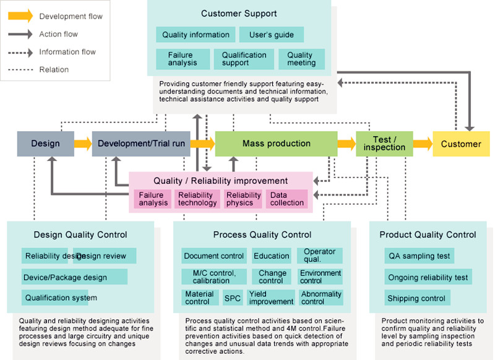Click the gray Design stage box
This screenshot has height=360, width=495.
tap(46, 144)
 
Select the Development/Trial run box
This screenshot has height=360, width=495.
tap(141, 144)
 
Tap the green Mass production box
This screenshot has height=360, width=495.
tap(276, 144)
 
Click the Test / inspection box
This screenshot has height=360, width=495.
tap(384, 144)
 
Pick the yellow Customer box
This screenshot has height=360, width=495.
tap(460, 144)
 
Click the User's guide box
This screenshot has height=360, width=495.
tap(271, 35)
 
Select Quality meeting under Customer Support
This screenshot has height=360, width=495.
tap(301, 59)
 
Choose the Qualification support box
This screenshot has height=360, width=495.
tap(244, 59)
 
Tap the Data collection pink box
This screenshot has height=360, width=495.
tap(286, 199)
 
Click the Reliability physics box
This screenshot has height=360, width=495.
tap(243, 199)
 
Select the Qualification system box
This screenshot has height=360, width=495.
tap(61, 298)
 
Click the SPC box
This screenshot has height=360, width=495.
tap(233, 298)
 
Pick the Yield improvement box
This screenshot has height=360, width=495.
tap(271, 298)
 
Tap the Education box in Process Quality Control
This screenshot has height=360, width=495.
tap(271, 255)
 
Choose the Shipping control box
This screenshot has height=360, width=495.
tap(416, 298)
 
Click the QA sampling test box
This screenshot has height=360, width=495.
tap(419, 255)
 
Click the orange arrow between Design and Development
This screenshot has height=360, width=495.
tap(83, 144)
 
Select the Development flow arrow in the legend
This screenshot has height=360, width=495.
tap(20, 15)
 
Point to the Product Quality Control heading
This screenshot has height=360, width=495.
tap(428, 234)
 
